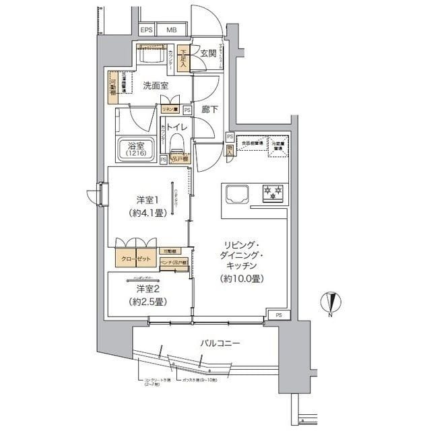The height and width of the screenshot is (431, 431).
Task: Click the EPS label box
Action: [146, 30]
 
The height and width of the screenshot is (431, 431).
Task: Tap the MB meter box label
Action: [171, 30]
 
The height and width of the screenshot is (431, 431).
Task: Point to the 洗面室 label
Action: [156, 86]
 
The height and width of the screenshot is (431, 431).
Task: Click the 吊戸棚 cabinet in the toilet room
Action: [180, 159]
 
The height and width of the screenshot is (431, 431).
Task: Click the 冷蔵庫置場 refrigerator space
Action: [278, 146]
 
